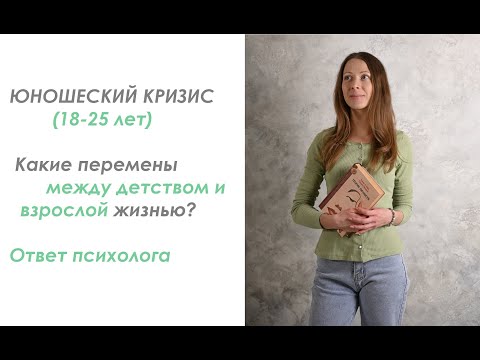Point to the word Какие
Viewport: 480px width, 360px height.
tap(42, 161)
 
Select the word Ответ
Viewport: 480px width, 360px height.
tap(36, 255)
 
